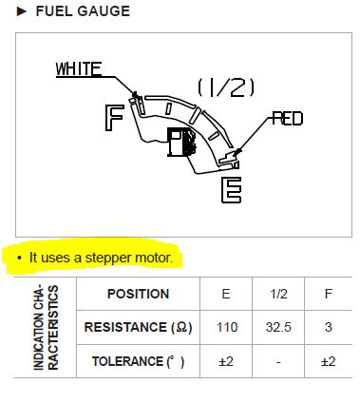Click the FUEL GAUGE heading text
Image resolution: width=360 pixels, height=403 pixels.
83,11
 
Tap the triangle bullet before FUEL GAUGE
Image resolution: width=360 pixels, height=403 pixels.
22,11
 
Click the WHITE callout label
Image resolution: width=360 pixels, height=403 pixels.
79,69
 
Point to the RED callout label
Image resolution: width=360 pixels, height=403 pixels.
288,119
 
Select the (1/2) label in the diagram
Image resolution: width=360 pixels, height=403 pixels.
226,87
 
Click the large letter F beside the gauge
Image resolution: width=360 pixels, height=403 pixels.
114,118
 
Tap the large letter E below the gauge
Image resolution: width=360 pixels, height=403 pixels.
231,190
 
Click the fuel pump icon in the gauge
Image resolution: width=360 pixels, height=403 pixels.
181,143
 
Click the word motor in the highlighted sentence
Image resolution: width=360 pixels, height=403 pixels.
154,258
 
